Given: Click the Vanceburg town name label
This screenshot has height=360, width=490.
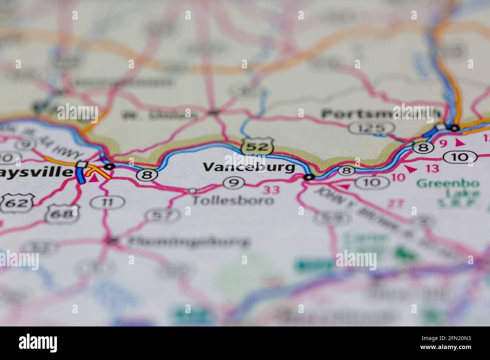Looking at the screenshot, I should [249, 167].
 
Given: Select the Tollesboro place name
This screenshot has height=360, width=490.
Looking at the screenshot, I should [233, 200].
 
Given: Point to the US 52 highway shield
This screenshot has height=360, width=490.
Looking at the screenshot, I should [258, 146].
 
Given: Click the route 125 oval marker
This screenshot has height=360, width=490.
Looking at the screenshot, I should [371, 128].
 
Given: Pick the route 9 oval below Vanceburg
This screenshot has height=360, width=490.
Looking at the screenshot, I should [234, 183].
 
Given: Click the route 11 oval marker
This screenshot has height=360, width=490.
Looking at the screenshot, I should [107, 203].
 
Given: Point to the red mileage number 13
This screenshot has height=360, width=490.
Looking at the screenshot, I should [433, 168].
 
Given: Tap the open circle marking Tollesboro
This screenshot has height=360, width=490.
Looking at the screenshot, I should [192, 191].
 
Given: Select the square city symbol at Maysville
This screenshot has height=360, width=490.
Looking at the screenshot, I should [82, 165].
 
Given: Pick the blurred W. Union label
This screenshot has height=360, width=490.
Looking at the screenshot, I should [158, 115].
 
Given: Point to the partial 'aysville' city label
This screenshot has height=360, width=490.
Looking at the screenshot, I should [36, 172].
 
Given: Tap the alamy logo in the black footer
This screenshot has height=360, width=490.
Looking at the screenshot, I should [38, 343].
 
